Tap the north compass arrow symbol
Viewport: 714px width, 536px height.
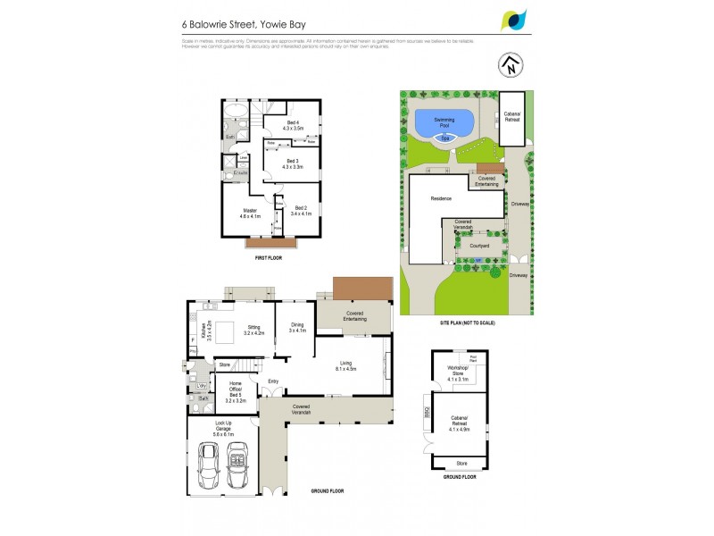point(510,65)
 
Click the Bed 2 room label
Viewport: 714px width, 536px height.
point(300,211)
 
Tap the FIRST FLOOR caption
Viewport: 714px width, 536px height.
point(269,256)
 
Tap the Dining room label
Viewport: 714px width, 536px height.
point(297,328)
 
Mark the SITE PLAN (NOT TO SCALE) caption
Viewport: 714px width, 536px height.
point(467,322)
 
